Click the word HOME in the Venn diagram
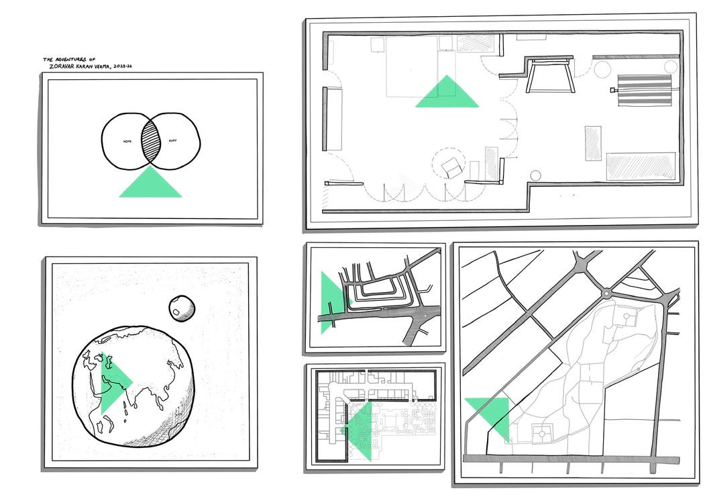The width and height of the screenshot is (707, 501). tap(127, 142)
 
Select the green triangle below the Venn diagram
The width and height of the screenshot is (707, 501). tap(150, 185)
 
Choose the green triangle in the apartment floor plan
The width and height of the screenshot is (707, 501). tap(447, 94)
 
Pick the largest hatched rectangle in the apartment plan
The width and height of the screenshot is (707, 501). tap(640, 167)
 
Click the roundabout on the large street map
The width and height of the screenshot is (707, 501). tap(606, 293)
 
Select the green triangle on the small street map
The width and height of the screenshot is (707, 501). tap(329, 300)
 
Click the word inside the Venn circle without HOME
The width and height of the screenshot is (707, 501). tap(172, 142)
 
